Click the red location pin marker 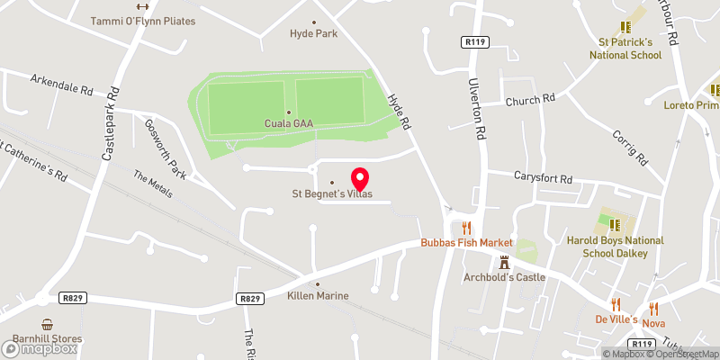point(360,178)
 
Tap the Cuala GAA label point(289,122)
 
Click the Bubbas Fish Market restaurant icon point(466,228)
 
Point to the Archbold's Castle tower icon point(504,262)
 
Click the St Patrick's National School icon point(625,29)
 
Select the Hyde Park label point(313,33)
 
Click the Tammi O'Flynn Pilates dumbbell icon point(142,7)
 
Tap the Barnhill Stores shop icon point(46,324)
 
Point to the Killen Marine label point(318,295)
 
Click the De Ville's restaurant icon point(616,304)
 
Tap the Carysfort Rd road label point(543,178)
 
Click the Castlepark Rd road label point(111,123)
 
